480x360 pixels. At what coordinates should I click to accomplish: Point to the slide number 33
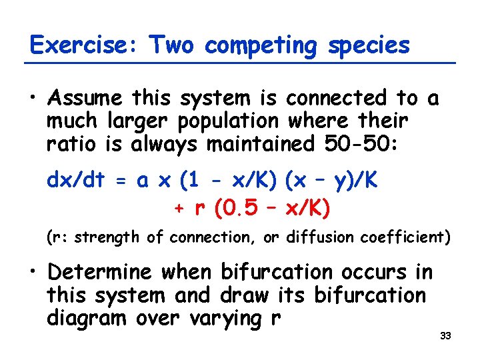click(446, 335)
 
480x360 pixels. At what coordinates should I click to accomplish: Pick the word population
click(227, 122)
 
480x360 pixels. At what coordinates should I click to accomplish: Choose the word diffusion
click(315, 237)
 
